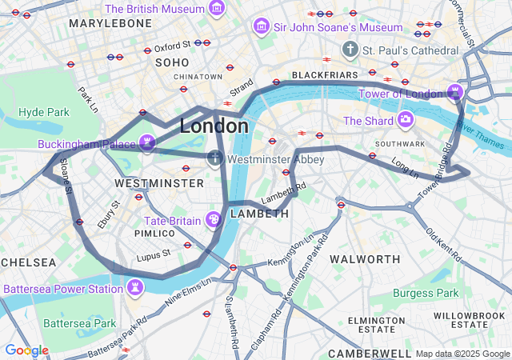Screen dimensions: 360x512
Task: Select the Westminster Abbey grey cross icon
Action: pyautogui.click(x=215, y=158)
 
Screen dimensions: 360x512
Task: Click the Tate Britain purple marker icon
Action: pyautogui.click(x=214, y=219)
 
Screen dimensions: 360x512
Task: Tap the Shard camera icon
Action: pyautogui.click(x=406, y=120)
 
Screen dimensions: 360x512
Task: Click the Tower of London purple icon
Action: pyautogui.click(x=455, y=93)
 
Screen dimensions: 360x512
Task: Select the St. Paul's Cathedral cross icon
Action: pyautogui.click(x=350, y=50)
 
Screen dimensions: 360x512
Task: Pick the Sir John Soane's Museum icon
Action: pyautogui.click(x=261, y=27)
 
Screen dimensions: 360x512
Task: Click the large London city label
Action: pyautogui.click(x=214, y=126)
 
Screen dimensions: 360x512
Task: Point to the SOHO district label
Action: pyautogui.click(x=172, y=62)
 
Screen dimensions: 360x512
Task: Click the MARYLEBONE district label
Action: pyautogui.click(x=110, y=24)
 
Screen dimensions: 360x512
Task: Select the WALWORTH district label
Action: pyautogui.click(x=365, y=259)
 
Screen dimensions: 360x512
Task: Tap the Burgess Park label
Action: pyautogui.click(x=426, y=293)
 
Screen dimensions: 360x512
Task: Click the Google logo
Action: pyautogui.click(x=26, y=350)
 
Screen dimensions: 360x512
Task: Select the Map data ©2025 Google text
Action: pyautogui.click(x=461, y=354)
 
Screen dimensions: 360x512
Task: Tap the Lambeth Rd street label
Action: pyautogui.click(x=283, y=192)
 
